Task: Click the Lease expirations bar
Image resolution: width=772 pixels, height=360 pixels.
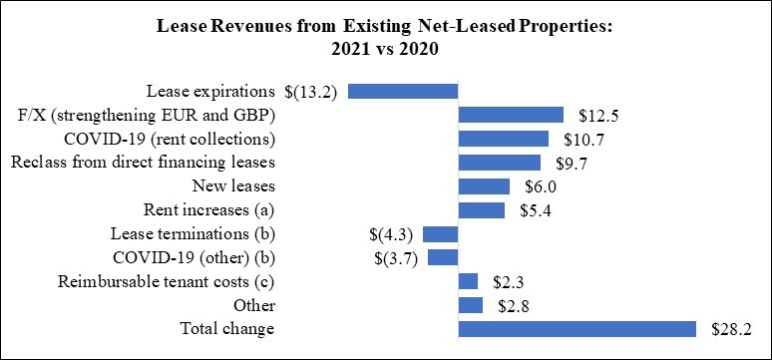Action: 403,91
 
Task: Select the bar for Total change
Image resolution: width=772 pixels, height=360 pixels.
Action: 578,329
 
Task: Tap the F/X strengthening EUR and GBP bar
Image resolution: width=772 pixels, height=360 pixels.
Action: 511,116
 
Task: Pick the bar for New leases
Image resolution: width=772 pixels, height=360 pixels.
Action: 484,186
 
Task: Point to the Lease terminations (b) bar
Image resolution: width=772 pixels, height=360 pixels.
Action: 441,234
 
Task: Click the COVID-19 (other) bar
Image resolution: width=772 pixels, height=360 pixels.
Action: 443,258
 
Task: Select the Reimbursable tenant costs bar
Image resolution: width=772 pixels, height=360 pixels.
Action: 468,281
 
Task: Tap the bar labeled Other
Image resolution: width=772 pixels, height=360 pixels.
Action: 471,306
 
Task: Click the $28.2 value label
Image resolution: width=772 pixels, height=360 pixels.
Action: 731,329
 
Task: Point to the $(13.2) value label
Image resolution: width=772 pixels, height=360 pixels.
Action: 310,92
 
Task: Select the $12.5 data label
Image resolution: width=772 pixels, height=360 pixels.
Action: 598,116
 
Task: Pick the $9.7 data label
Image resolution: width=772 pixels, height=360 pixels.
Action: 572,164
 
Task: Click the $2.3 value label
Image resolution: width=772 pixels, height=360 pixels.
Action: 509,282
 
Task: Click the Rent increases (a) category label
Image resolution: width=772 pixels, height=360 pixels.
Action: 208,210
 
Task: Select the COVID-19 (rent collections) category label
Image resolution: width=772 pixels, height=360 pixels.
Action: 170,139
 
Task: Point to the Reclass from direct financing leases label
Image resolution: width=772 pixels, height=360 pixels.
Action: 143,163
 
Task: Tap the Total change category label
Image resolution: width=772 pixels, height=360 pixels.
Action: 227,328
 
